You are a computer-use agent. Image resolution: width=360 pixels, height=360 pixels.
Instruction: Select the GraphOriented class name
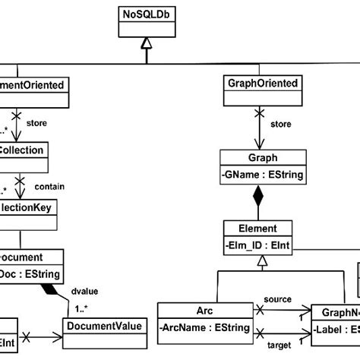pyautogui.click(x=263, y=83)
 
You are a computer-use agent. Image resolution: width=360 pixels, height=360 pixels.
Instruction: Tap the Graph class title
pyautogui.click(x=262, y=159)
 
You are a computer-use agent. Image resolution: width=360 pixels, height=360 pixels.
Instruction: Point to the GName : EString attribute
pyautogui.click(x=262, y=176)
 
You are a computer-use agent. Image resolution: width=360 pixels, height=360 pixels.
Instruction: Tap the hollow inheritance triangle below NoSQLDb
pyautogui.click(x=147, y=46)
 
